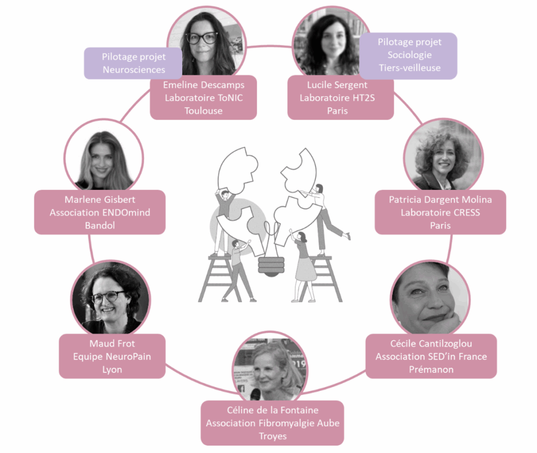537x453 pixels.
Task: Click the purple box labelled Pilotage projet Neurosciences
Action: [133, 63]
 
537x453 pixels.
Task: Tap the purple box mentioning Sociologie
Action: [410, 55]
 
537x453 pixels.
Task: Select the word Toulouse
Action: [203, 111]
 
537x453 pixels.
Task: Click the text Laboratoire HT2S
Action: [337, 98]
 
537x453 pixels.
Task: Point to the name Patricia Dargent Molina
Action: [440, 200]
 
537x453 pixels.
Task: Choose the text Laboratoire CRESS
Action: [440, 212]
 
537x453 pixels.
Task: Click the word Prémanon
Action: [431, 369]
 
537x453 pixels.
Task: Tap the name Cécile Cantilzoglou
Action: [431, 343]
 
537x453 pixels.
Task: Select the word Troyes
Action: [272, 436]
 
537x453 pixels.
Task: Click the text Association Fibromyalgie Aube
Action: [272, 423]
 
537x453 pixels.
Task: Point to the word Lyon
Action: [112, 369]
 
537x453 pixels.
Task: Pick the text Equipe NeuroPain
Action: [112, 357]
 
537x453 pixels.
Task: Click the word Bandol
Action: [100, 225]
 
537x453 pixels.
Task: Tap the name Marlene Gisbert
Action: [100, 199]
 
